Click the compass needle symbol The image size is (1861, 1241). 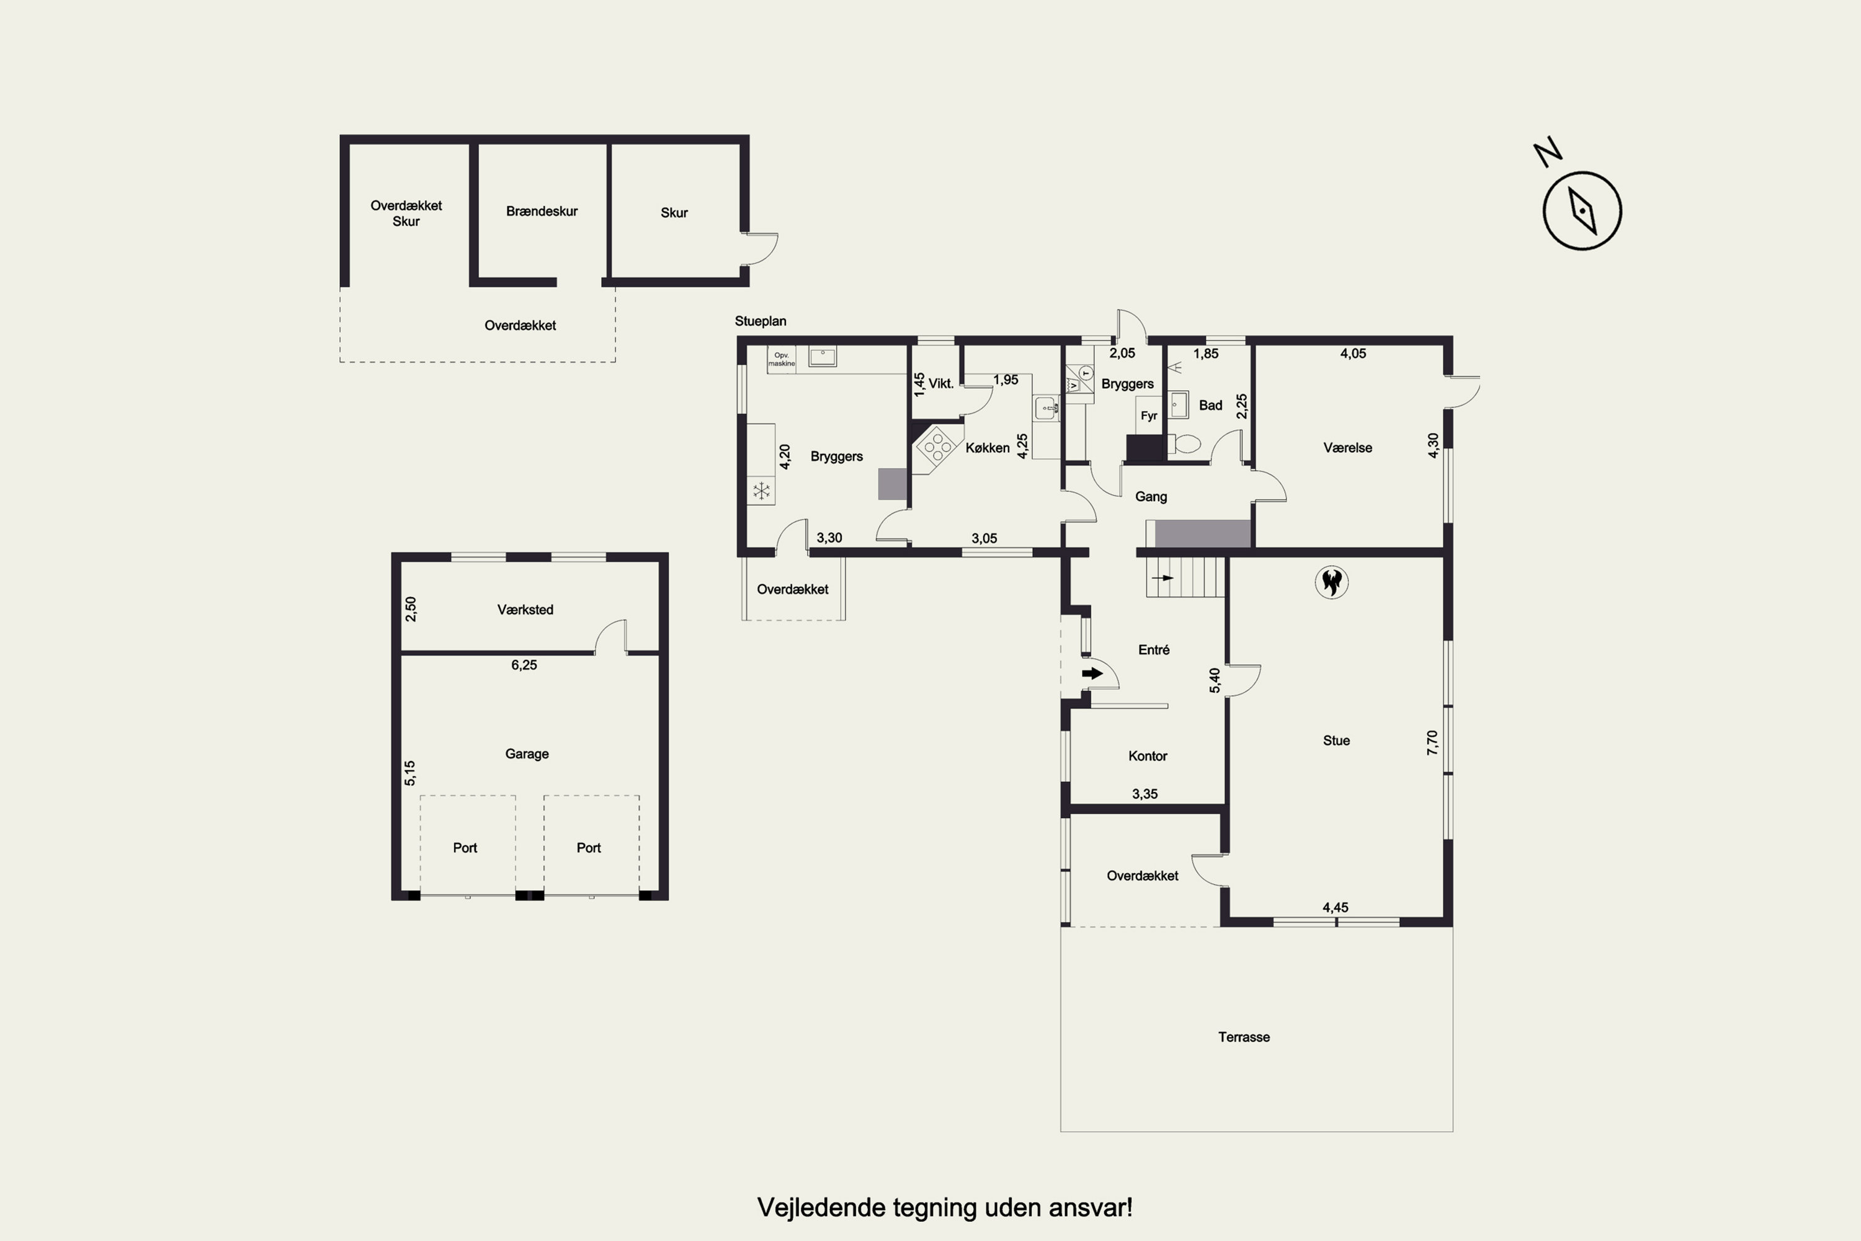click(1582, 210)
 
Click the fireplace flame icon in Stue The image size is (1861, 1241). click(1331, 582)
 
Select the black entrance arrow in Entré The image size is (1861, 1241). click(1092, 674)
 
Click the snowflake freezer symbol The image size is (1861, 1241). click(761, 491)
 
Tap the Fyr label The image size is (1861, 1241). click(1149, 416)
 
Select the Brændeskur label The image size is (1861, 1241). click(542, 211)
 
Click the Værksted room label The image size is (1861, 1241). click(525, 610)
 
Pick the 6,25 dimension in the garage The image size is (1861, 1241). click(524, 665)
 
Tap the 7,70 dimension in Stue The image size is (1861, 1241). click(1432, 742)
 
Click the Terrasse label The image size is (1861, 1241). click(1244, 1037)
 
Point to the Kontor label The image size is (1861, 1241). click(1148, 756)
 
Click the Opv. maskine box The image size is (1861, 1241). click(781, 359)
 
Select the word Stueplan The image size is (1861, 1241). click(760, 321)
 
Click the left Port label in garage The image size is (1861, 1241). click(465, 848)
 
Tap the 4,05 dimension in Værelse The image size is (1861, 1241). click(1353, 354)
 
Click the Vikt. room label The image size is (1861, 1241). click(941, 384)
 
